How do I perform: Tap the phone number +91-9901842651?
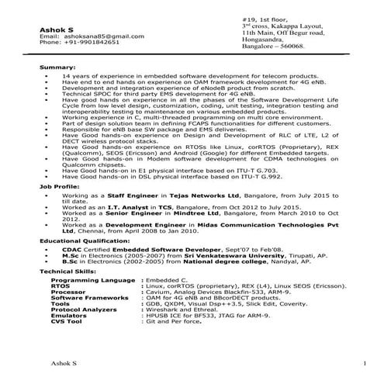click(83, 43)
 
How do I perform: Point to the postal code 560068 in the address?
click(289, 47)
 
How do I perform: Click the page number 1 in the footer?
click(365, 363)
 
